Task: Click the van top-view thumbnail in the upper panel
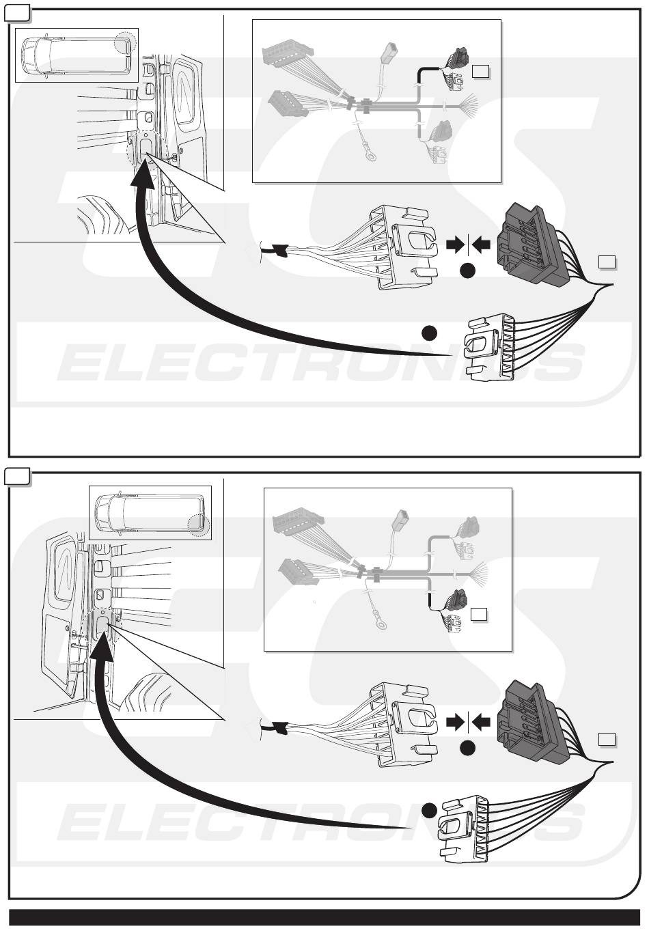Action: point(77,55)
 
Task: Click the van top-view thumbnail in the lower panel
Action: point(150,512)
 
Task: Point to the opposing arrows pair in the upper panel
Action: point(468,245)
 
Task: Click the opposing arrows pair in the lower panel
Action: point(468,722)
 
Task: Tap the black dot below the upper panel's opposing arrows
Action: point(467,272)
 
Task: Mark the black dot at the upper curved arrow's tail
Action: point(428,333)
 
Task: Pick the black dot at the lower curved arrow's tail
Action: point(428,810)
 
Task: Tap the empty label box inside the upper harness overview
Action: point(480,70)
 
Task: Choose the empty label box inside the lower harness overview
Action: point(478,614)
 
